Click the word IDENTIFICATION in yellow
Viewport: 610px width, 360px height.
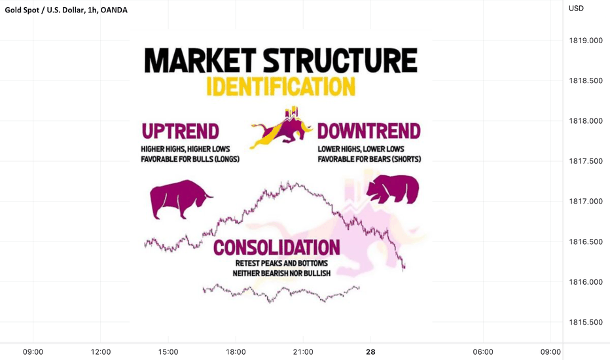[281, 86]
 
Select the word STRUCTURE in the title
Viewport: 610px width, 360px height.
[340, 60]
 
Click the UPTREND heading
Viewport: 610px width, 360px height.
[180, 131]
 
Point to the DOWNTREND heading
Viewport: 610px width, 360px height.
[368, 131]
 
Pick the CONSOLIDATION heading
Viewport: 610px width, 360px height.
[277, 247]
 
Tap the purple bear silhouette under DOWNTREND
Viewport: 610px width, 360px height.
[393, 189]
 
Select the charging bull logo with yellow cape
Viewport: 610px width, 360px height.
[281, 128]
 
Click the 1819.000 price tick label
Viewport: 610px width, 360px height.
[586, 41]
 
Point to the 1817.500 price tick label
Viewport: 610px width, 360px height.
[586, 161]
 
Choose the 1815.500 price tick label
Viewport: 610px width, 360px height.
[586, 322]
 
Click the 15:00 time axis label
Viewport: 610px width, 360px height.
[168, 352]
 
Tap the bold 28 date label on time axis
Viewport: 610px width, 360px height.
[370, 352]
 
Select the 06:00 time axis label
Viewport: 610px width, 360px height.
[483, 352]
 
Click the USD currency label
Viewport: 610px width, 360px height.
[576, 9]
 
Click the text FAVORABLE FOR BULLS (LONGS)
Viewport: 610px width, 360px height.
[190, 159]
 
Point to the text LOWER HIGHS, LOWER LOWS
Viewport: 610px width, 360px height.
[361, 149]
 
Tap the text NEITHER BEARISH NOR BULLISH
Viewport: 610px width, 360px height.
[281, 273]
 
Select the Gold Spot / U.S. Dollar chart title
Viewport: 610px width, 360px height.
[66, 10]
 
